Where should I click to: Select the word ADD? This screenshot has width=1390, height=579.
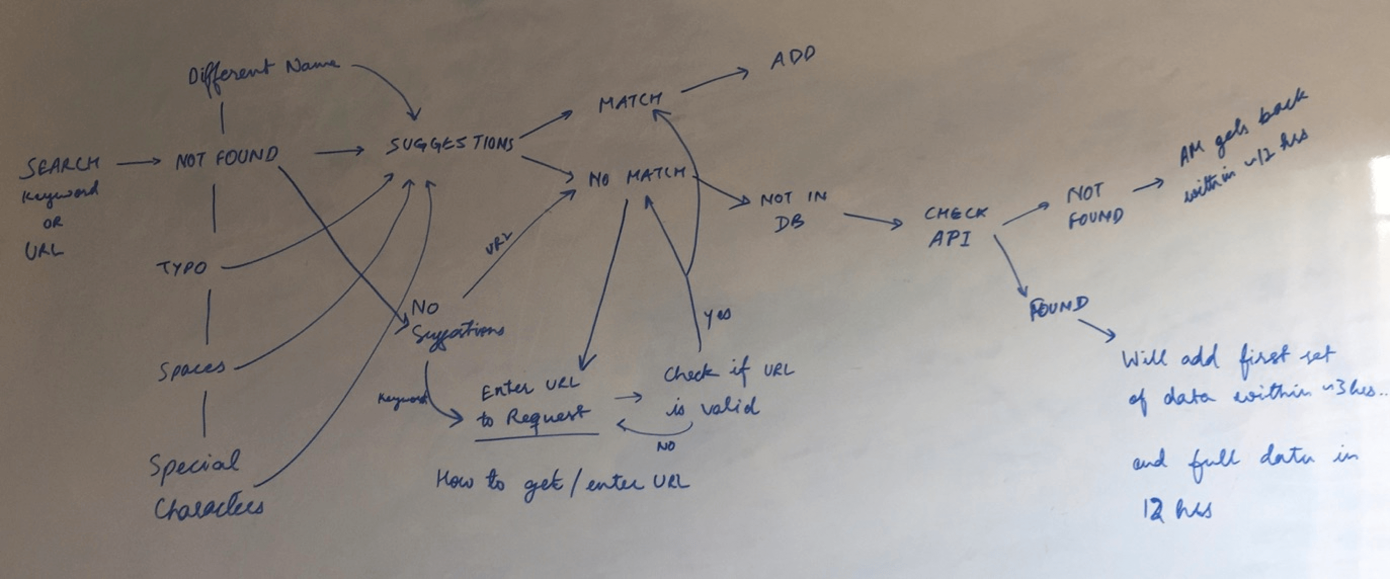pyautogui.click(x=792, y=58)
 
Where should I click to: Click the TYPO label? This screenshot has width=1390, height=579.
pyautogui.click(x=181, y=268)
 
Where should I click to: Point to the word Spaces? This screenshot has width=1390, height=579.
pyautogui.click(x=191, y=369)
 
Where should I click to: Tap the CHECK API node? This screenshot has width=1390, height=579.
pyautogui.click(x=954, y=227)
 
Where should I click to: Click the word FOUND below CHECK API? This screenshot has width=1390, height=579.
pyautogui.click(x=1057, y=308)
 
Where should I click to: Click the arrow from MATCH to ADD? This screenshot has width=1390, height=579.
pyautogui.click(x=714, y=81)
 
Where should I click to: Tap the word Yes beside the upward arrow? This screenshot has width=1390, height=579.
pyautogui.click(x=717, y=318)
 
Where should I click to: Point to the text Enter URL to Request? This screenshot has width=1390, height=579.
pyautogui.click(x=532, y=403)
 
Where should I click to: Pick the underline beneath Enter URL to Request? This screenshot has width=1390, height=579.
pyautogui.click(x=537, y=436)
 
